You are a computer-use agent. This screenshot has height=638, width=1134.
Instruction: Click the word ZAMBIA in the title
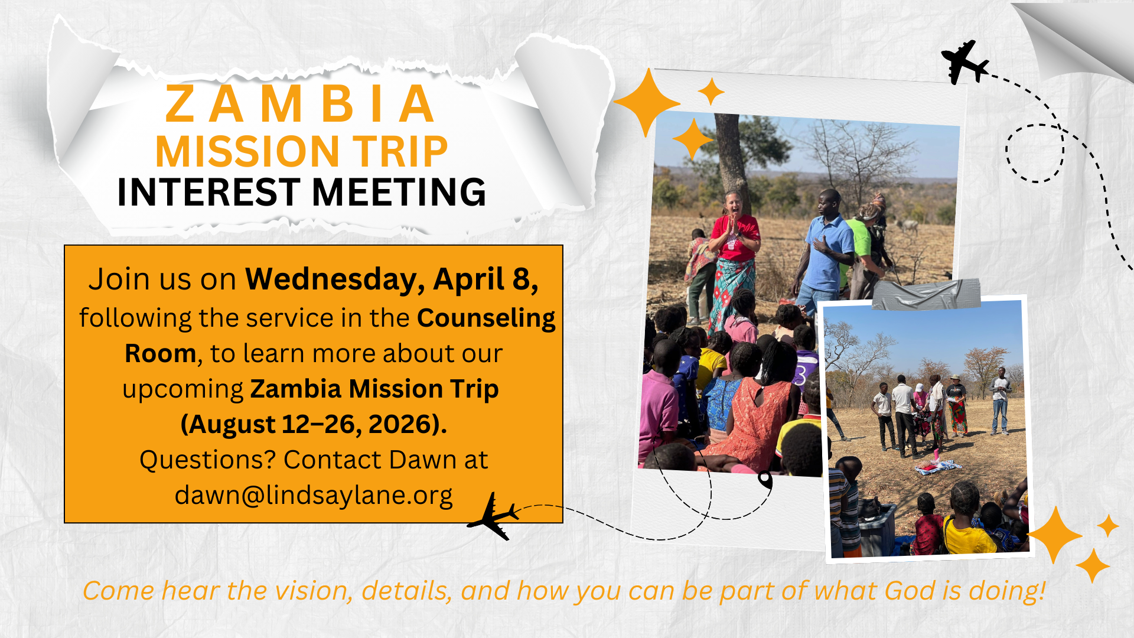coord(300,105)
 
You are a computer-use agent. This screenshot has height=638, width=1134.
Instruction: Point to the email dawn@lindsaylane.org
coord(314,495)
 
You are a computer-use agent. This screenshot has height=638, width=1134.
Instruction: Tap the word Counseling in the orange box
coord(486,318)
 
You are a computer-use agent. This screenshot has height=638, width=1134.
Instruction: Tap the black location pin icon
coord(765,479)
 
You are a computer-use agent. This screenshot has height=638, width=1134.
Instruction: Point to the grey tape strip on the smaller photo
coord(926,294)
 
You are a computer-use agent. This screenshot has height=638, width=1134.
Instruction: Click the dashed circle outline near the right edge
coord(1035,153)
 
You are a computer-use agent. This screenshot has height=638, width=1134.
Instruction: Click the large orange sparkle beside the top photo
coord(648,102)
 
